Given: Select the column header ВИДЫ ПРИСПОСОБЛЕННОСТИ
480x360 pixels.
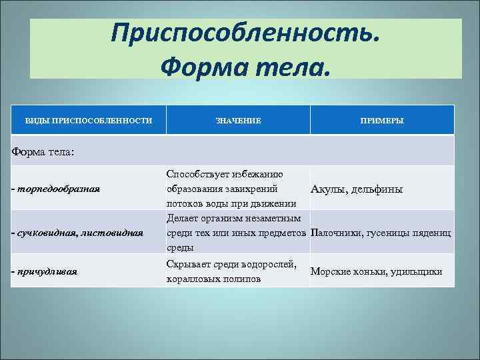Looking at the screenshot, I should coord(88,121).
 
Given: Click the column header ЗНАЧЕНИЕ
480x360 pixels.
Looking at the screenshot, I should coord(238,121).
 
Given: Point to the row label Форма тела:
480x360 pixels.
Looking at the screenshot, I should coord(43,151).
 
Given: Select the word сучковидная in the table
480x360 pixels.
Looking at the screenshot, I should coord(45,233).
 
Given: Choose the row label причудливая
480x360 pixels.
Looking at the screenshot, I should coord(47,271).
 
